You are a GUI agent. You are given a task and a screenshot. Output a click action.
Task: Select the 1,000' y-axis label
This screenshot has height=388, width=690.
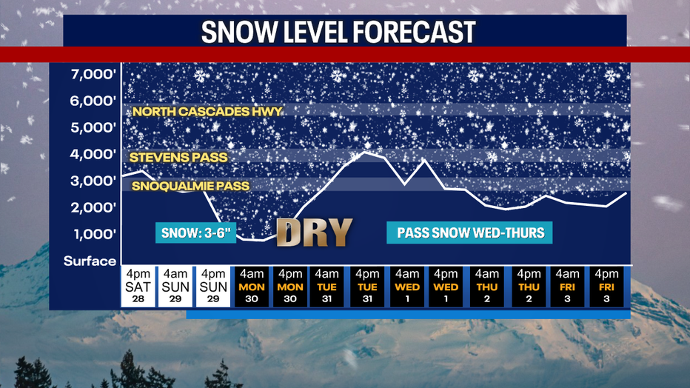[x=93, y=235]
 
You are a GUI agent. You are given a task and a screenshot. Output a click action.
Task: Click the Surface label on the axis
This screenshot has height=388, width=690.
[x=90, y=261]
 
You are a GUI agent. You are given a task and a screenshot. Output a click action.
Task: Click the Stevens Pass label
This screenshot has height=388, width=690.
[x=178, y=157]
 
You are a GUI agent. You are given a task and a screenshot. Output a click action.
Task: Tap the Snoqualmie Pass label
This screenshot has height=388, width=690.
[x=190, y=187]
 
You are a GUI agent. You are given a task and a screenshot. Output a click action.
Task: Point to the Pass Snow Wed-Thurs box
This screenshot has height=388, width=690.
[x=471, y=233]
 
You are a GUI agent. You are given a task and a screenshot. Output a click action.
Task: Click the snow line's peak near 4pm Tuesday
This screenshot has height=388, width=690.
[x=366, y=153]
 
